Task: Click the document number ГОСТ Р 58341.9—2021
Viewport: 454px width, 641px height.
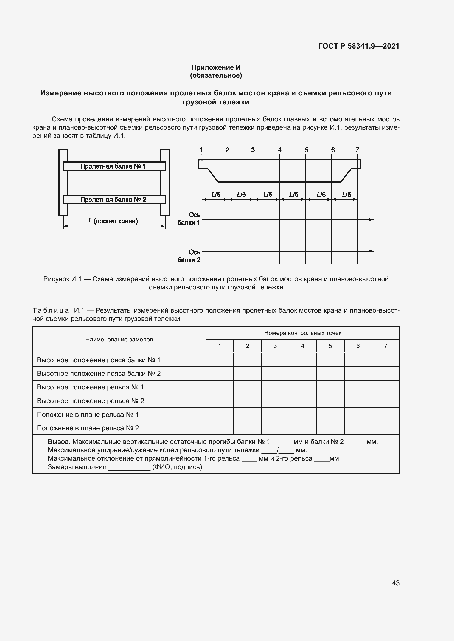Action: coord(358,46)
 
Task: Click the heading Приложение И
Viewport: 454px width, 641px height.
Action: coord(216,67)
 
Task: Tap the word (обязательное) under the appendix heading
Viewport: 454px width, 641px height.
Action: coord(216,75)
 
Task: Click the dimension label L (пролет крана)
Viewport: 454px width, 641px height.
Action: coord(113,221)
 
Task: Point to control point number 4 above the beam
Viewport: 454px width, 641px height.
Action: coord(279,150)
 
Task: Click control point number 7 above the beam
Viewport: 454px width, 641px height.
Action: coord(357,150)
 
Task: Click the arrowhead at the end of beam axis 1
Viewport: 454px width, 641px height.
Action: coord(372,220)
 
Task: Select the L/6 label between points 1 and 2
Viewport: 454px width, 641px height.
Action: coord(215,195)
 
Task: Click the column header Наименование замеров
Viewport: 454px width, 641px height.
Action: coord(119,340)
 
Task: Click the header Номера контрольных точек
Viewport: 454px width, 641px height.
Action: coord(302,333)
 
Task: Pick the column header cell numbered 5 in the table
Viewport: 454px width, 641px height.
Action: coord(330,346)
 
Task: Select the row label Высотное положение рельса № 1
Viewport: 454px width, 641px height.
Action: coord(90,387)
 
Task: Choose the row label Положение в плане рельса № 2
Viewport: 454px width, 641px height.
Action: coord(88,428)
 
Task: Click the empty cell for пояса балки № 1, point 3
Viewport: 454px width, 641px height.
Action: coord(275,360)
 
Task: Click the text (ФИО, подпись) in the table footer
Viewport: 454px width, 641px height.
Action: coord(177,467)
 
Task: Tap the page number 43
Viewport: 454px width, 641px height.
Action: coord(396,583)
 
